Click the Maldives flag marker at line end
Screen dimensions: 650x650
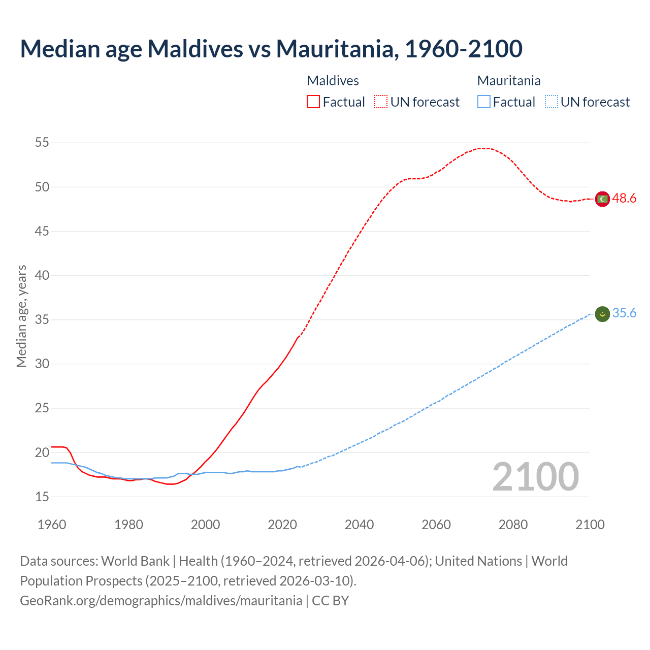click(602, 199)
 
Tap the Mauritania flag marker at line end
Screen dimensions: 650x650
click(602, 314)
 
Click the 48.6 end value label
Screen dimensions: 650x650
click(624, 199)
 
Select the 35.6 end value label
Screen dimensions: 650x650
click(624, 313)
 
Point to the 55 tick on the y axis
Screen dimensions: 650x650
click(42, 143)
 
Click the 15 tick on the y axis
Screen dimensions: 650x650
click(42, 497)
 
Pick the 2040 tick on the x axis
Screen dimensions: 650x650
click(359, 525)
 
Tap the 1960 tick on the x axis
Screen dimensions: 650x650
click(52, 525)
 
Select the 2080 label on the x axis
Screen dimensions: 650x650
click(513, 525)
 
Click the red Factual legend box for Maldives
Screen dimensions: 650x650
click(313, 102)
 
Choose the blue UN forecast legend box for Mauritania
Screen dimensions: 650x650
click(551, 102)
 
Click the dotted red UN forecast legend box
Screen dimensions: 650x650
click(381, 102)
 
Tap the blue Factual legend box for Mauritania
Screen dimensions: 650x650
click(484, 102)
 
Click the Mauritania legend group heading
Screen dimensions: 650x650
click(509, 81)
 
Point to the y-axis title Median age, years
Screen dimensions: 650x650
click(21, 316)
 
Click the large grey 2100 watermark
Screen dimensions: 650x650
click(535, 477)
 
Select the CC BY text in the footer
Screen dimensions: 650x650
click(330, 601)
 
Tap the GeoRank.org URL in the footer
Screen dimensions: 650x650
click(161, 601)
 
